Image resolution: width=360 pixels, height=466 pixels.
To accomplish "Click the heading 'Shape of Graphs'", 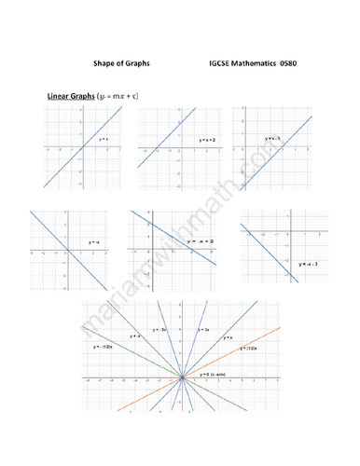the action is pyautogui.click(x=121, y=63).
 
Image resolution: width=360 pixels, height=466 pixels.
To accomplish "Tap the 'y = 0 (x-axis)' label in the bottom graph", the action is pyautogui.click(x=215, y=375).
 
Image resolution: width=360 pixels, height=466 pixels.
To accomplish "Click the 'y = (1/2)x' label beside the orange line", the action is pyautogui.click(x=248, y=348).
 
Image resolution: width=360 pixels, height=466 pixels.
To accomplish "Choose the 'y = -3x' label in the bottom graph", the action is pyautogui.click(x=159, y=330).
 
